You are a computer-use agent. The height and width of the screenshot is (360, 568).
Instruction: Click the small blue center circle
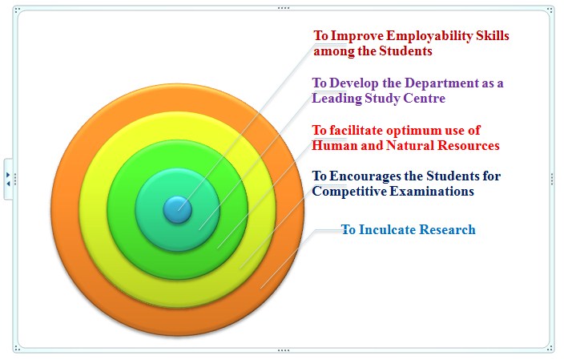point(178,209)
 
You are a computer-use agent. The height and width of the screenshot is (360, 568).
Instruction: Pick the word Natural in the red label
point(410,145)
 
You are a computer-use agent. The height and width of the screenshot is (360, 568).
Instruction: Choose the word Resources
point(469,145)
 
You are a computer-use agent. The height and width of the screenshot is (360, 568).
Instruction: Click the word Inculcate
point(387,229)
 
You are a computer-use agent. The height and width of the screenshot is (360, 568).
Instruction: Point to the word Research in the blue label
point(447,229)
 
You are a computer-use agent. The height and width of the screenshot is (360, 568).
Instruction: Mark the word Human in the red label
point(329,145)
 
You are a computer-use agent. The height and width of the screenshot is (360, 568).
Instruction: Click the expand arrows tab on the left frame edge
point(8,179)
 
